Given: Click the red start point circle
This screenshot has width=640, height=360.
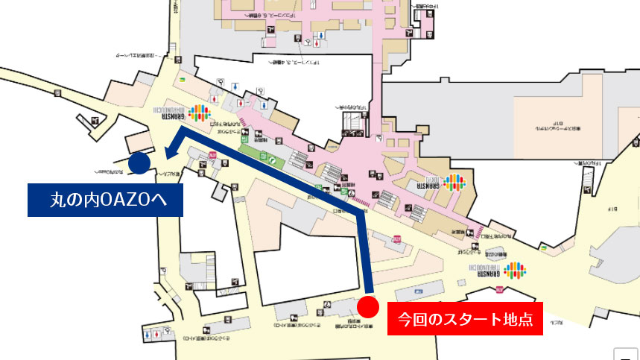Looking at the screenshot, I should (368, 306).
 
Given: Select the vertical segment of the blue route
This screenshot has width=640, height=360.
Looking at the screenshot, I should (367, 253).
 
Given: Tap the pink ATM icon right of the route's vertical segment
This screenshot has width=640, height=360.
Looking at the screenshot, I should (397, 240).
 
